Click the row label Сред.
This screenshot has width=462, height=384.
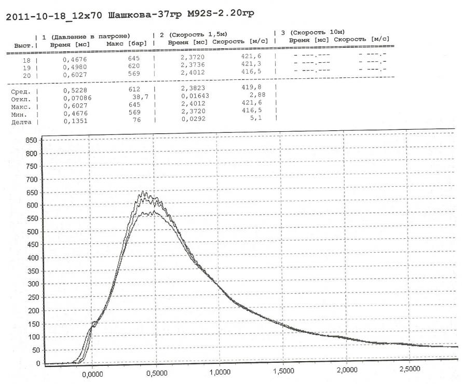(x=20, y=92)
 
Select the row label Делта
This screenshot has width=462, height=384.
(x=21, y=122)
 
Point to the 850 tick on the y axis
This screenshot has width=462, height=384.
(x=33, y=141)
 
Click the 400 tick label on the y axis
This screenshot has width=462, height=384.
(x=33, y=258)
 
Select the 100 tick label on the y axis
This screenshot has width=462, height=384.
(x=33, y=337)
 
